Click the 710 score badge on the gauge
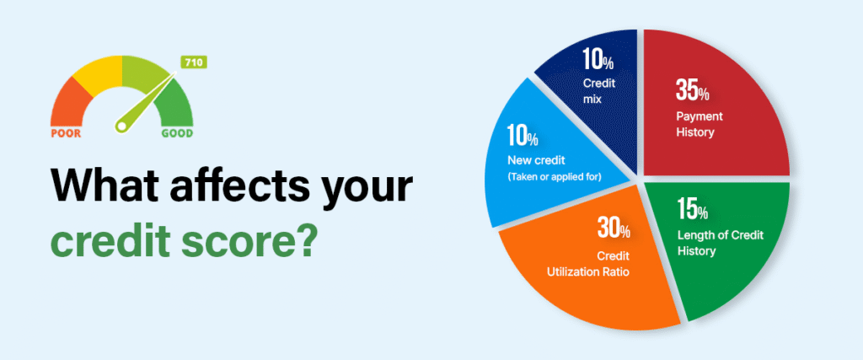(x=193, y=62)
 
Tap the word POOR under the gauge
(x=66, y=134)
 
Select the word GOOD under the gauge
(x=177, y=134)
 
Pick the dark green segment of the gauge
(x=175, y=104)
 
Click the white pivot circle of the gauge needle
(x=121, y=126)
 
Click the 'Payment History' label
(x=695, y=125)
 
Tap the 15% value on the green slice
(x=693, y=210)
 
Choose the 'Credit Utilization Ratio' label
(x=588, y=264)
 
